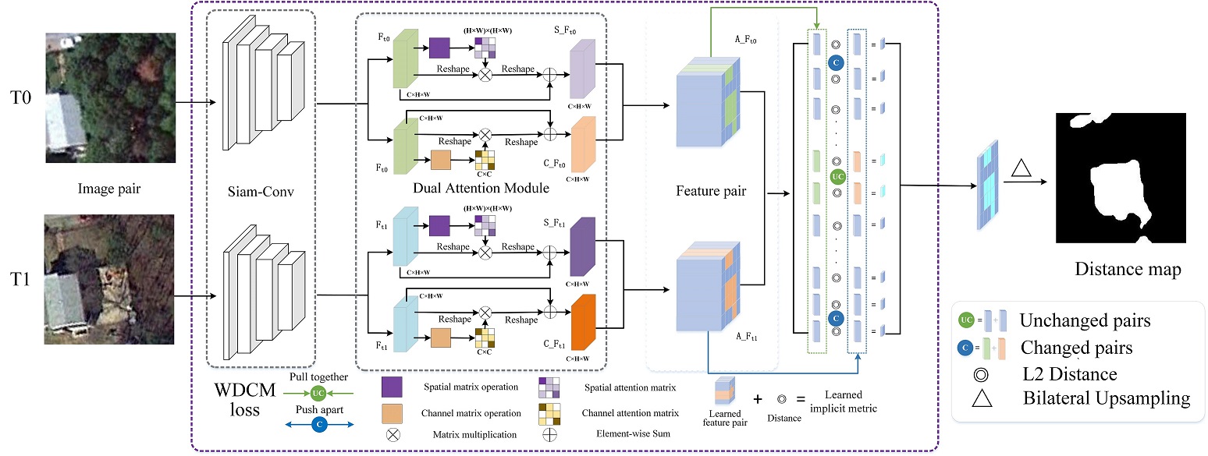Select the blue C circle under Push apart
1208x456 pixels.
[x=318, y=424]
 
